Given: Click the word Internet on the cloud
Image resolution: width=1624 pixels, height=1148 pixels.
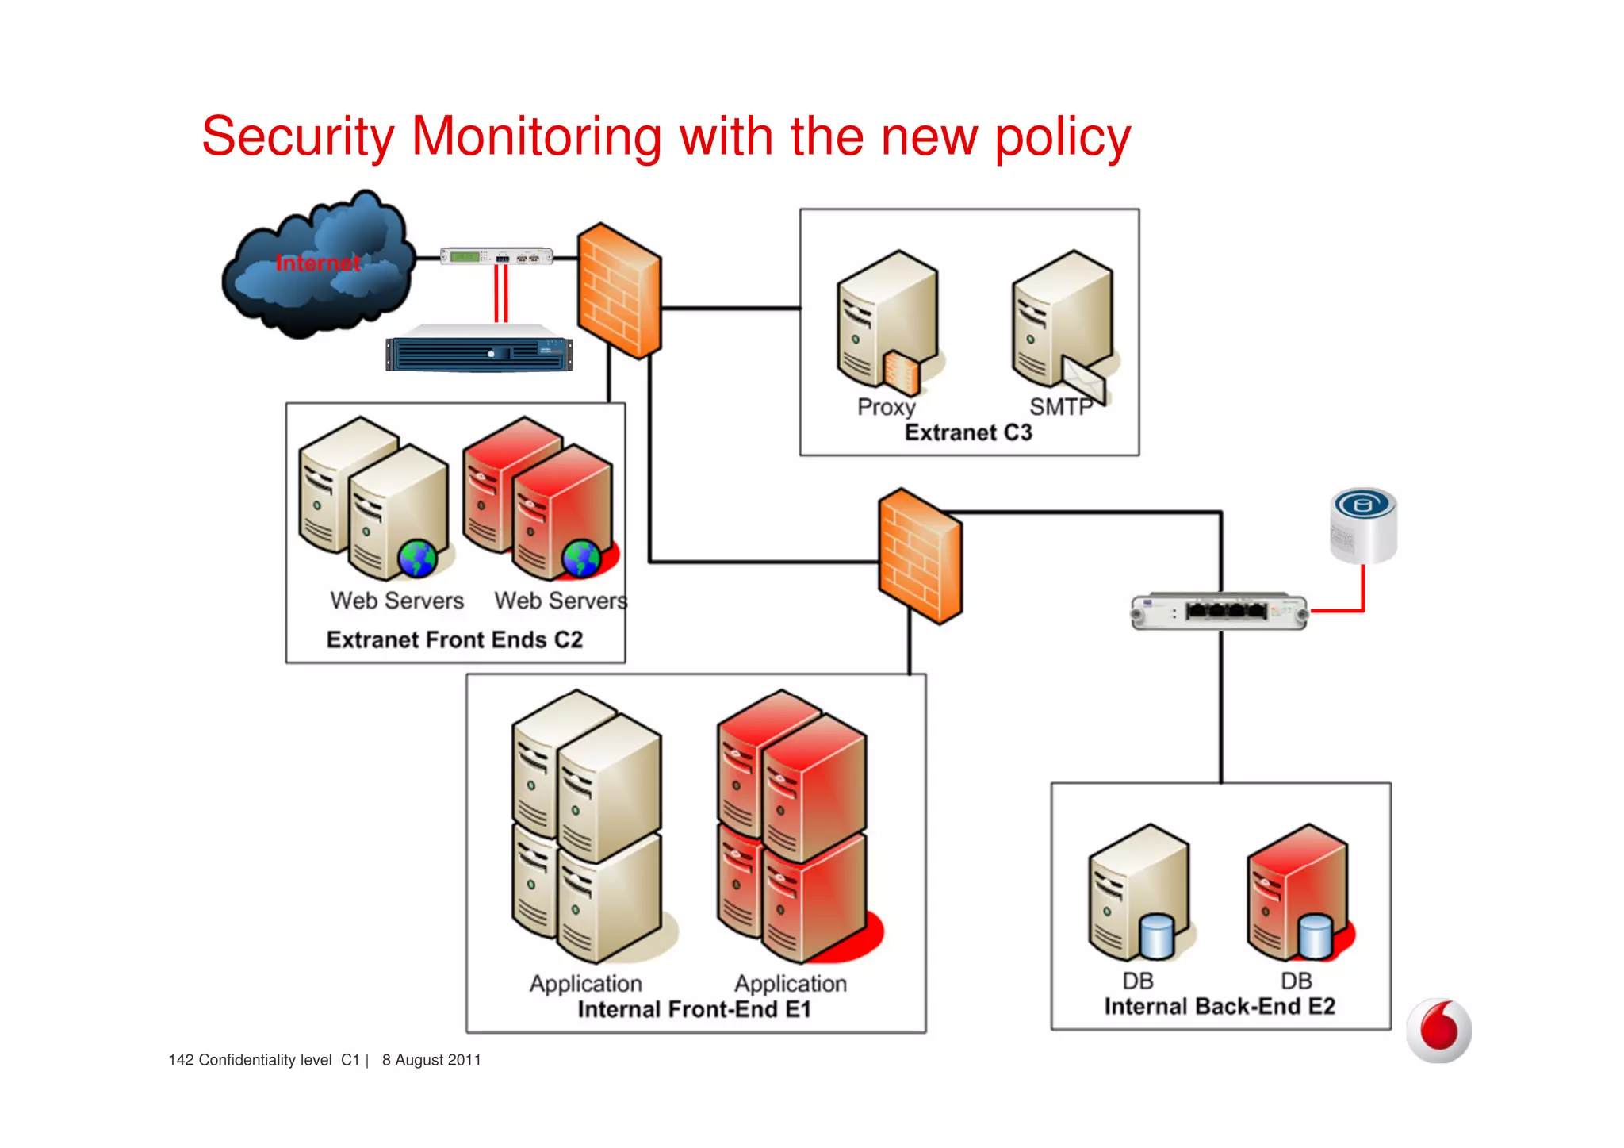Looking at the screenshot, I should [x=317, y=263].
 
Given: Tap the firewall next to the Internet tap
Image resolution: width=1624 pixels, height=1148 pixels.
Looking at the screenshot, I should [x=619, y=290].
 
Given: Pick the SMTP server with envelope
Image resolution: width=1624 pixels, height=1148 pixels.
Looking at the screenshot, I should [x=1062, y=324].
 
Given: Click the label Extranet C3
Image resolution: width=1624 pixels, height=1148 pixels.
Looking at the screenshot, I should [x=968, y=432].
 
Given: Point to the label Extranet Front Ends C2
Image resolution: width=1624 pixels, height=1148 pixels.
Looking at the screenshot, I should [x=454, y=639].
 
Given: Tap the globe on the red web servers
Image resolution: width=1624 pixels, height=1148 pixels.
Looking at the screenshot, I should [x=580, y=559].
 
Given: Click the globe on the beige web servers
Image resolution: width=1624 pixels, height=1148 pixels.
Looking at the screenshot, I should [x=417, y=559].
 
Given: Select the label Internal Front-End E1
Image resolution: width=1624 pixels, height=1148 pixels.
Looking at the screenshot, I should [x=694, y=1009].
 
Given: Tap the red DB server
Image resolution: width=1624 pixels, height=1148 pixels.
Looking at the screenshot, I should [x=1297, y=893].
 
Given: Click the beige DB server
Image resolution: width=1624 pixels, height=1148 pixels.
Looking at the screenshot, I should [x=1139, y=893].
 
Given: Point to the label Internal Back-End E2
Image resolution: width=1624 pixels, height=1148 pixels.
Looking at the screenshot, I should [x=1220, y=1006].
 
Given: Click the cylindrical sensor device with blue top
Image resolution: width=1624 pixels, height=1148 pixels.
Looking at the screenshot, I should [x=1363, y=525].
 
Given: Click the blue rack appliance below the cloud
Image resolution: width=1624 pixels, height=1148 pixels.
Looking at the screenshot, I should [x=479, y=352].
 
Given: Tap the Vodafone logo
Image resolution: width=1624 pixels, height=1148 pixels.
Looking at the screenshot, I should [x=1438, y=1031].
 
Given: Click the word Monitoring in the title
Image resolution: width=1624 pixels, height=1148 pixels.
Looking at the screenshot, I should [x=537, y=136].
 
